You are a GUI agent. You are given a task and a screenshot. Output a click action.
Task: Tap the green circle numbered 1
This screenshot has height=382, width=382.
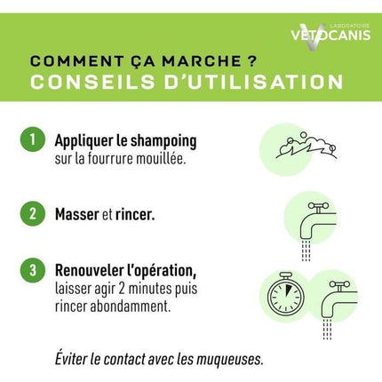33,139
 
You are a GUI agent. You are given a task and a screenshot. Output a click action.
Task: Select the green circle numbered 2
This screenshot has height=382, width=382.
33,213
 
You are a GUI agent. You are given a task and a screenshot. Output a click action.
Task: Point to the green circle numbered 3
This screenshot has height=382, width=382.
33,270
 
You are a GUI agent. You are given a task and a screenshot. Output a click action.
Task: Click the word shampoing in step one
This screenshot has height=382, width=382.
163,141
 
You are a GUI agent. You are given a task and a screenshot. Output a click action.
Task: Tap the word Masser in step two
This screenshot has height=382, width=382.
77,214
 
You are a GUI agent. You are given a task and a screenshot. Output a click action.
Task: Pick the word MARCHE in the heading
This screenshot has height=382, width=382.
202,61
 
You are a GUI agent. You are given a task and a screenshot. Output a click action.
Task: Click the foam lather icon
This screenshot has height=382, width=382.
306,146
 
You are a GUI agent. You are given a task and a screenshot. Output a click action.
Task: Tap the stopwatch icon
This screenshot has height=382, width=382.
286,294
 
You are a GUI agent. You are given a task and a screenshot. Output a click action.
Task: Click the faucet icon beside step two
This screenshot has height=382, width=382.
318,231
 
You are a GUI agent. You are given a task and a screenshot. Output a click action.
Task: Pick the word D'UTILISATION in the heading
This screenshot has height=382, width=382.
253,82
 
